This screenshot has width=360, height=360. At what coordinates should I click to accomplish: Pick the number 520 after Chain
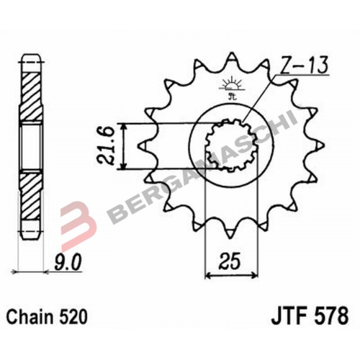click(69, 316)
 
